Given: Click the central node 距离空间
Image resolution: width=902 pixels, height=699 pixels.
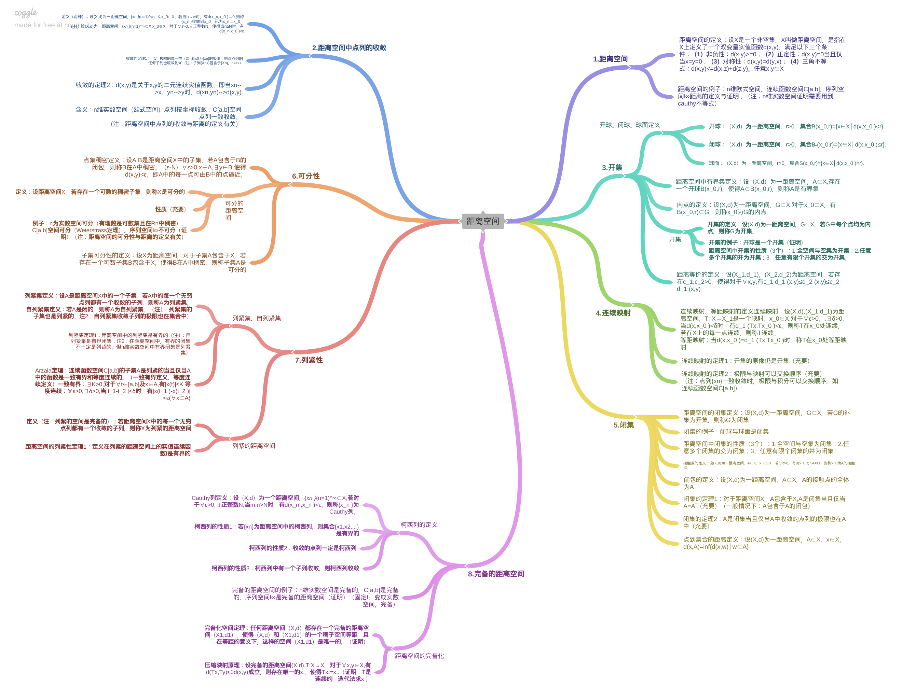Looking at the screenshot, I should coord(482,221).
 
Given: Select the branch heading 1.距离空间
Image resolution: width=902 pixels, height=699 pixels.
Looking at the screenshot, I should coord(610,59).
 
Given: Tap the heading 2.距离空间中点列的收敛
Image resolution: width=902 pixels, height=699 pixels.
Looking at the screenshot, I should coord(349,48).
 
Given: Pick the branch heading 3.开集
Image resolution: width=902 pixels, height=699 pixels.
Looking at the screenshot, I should coord(612,167).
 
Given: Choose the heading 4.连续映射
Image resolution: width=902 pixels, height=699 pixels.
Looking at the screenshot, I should coord(613,313).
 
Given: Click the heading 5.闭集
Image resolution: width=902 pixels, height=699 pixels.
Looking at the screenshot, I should coord(623,425).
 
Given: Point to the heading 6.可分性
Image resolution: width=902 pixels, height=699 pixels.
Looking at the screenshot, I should coord(306,176).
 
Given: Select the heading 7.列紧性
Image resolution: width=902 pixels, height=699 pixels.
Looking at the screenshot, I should coord(309,360).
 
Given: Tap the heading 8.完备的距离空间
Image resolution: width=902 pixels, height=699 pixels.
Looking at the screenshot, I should coord(496,574).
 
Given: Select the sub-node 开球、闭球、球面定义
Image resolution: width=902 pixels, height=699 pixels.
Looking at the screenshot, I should coord(629,125).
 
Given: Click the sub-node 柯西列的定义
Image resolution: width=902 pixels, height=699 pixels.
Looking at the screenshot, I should coord(419,525).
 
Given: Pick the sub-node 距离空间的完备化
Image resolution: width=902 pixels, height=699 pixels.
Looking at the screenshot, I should coord(419,656).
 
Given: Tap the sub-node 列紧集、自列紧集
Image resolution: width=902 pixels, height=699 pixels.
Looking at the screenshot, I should coord(257,318).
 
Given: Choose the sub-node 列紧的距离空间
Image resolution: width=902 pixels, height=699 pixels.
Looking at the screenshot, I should coord(254,446).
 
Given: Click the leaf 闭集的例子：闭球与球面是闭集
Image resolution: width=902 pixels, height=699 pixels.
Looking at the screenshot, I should coord(726,432).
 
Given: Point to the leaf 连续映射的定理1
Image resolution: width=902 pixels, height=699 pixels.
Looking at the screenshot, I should coord(745,361).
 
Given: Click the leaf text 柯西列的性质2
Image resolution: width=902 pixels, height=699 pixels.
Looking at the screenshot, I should coord(303,548).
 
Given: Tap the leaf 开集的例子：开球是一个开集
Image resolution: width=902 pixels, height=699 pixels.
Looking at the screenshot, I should coord(756,242).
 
